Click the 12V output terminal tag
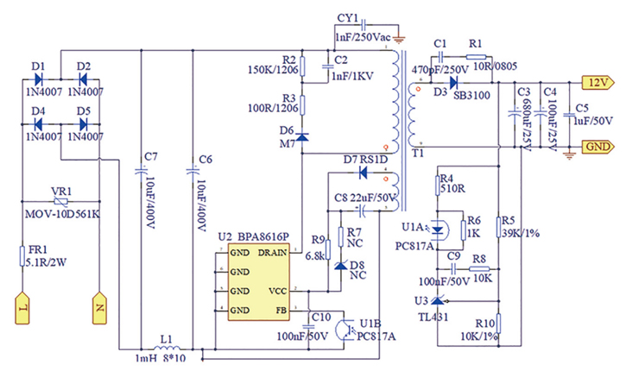coord(596,84)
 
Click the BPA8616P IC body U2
coord(258,281)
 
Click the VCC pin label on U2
coord(277,291)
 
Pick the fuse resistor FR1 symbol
coord(22,256)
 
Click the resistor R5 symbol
coord(498,226)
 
